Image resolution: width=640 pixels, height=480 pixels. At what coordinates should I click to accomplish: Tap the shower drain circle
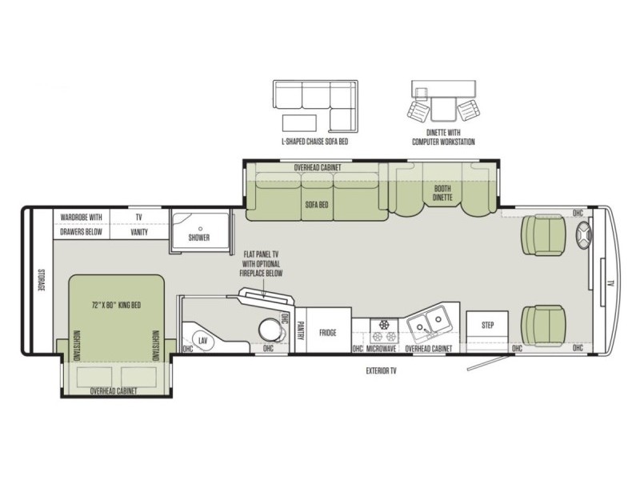click(x=201, y=229)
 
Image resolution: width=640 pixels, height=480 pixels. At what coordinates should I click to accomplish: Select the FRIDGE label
click(x=328, y=333)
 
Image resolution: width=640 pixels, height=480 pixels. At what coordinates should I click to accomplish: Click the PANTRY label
click(x=301, y=330)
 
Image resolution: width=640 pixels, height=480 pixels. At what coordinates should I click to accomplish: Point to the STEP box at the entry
click(x=487, y=326)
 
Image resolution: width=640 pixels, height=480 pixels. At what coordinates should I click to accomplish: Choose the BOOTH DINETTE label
click(x=442, y=193)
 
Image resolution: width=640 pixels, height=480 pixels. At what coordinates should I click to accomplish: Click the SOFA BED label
click(x=317, y=205)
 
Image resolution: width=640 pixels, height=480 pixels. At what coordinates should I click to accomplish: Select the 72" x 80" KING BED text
click(x=116, y=305)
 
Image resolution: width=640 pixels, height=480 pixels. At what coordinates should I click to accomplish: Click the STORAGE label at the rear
click(x=42, y=280)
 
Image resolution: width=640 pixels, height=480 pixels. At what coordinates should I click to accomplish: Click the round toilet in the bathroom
click(x=270, y=329)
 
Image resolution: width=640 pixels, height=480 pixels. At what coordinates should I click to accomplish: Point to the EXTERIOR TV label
click(x=381, y=371)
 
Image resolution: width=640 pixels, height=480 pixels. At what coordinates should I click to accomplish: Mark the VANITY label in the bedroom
click(x=139, y=232)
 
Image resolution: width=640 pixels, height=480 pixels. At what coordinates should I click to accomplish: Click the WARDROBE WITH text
click(x=82, y=217)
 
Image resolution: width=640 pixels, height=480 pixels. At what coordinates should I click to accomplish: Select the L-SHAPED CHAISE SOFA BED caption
click(x=315, y=142)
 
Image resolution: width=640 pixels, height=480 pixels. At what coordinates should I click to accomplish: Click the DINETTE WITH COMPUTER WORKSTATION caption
click(x=443, y=137)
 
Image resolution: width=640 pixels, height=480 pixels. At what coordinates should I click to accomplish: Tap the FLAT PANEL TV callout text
click(x=262, y=264)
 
